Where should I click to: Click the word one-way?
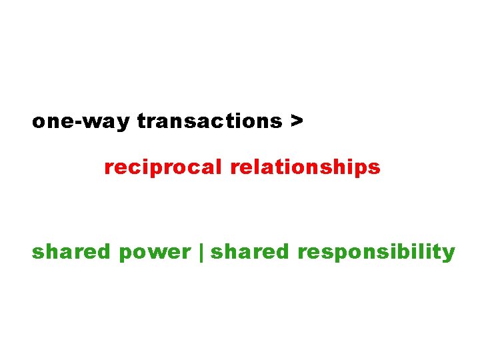point(81,122)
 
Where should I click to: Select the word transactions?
point(209,122)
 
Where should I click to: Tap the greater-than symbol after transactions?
point(296,122)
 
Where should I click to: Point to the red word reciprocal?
point(163,167)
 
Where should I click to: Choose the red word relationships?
point(305,167)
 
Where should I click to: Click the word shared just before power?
point(71,252)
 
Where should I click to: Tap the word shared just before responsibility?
point(250,252)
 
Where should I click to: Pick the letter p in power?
point(126,255)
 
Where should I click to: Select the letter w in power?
point(157,253)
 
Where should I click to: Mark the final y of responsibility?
point(449,255)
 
